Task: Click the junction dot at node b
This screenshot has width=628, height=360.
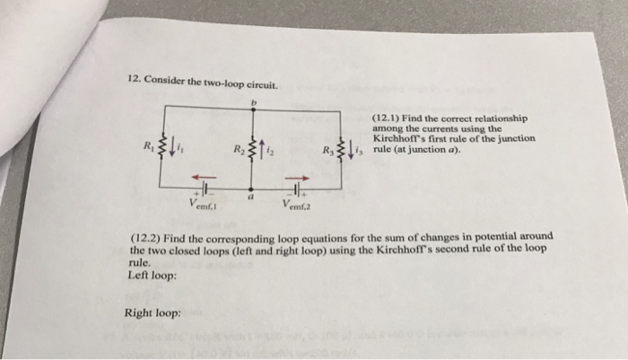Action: (251, 111)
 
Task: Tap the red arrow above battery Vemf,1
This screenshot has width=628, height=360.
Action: (205, 177)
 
